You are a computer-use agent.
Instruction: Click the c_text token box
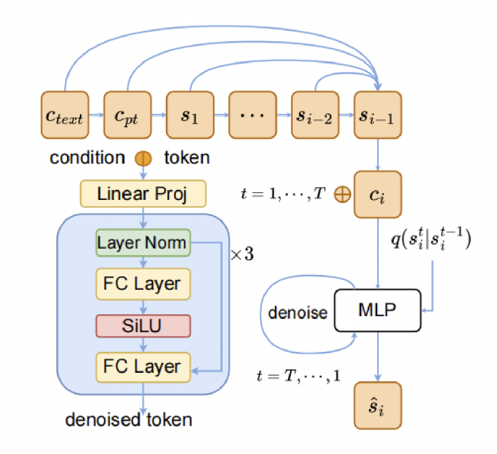[65, 115]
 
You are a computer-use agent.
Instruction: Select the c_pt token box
[127, 115]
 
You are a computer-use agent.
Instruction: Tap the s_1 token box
[190, 115]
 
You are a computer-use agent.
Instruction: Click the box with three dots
[253, 115]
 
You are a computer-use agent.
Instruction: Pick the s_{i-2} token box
[315, 115]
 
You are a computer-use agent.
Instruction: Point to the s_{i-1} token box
[378, 115]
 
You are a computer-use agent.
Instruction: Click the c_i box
[378, 195]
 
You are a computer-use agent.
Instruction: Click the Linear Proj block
[143, 194]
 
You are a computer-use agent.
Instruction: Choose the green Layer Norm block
[143, 243]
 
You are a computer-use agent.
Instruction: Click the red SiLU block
[143, 325]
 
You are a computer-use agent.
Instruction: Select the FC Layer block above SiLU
[143, 284]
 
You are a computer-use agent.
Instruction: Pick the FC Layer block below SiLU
[143, 367]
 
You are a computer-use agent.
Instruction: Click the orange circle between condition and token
[143, 158]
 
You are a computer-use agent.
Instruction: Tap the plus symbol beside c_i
[342, 195]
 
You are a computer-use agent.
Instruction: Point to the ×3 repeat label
[241, 254]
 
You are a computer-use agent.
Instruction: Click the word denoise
[298, 313]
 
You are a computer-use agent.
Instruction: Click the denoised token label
[129, 420]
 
